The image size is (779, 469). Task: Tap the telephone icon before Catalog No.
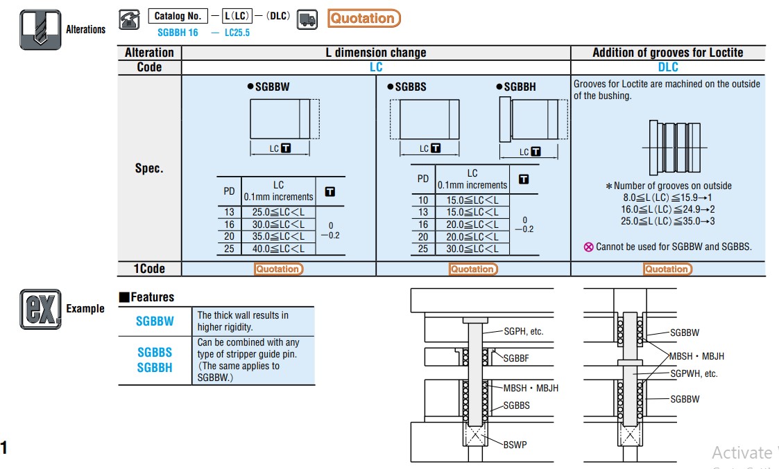click(x=129, y=19)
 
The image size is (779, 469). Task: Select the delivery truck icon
click(x=307, y=19)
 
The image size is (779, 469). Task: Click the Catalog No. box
click(x=178, y=16)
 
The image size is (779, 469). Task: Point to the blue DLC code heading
click(x=668, y=67)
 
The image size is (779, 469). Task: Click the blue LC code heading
click(x=375, y=67)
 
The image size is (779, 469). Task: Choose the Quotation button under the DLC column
click(x=667, y=269)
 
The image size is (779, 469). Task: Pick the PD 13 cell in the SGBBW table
click(x=229, y=212)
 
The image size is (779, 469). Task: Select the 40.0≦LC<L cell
click(x=278, y=249)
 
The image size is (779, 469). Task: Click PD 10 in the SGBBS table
click(x=422, y=200)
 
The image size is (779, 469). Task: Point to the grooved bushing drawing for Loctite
click(x=668, y=148)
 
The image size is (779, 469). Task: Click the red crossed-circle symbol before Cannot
click(x=589, y=247)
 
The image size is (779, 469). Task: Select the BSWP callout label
click(x=515, y=444)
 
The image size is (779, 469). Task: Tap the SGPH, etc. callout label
click(x=523, y=331)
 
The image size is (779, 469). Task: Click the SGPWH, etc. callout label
click(x=694, y=373)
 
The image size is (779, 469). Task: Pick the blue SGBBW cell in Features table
click(x=155, y=321)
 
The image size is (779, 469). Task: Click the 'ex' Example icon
click(x=40, y=309)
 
